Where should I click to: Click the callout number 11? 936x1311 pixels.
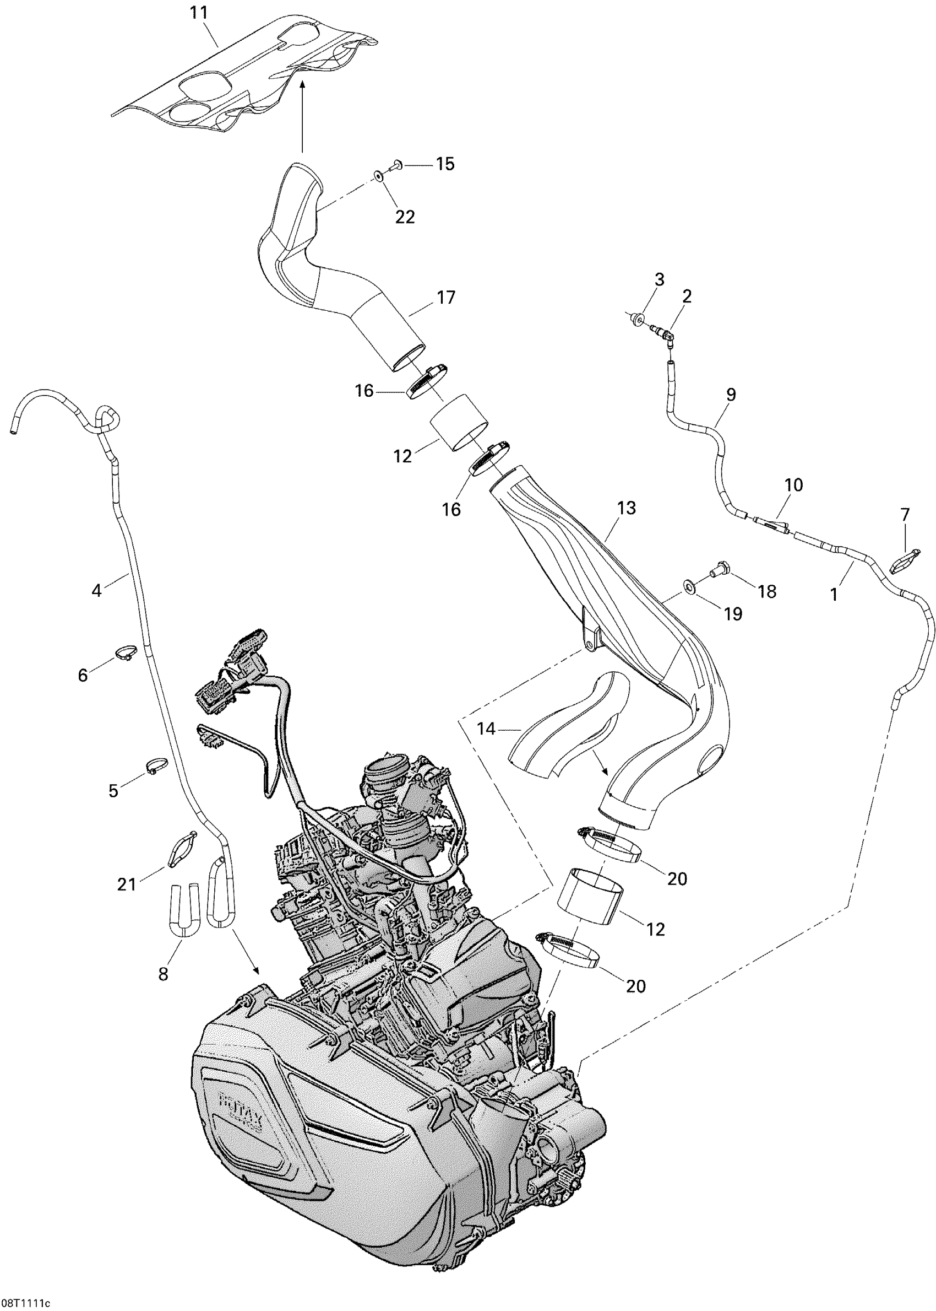[x=199, y=13]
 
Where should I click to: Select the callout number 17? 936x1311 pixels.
[x=446, y=298]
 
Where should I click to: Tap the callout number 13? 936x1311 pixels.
[x=626, y=508]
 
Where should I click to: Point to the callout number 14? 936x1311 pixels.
[x=486, y=729]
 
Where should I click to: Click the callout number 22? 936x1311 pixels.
[x=405, y=217]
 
